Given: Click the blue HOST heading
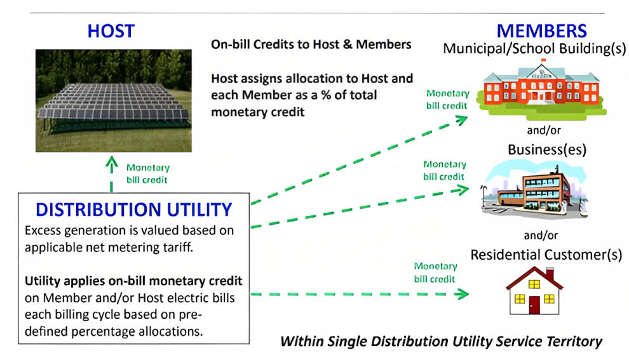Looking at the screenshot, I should (x=111, y=31).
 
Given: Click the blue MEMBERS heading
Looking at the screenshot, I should (x=541, y=30).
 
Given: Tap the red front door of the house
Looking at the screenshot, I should (x=534, y=304).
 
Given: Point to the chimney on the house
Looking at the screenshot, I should (x=550, y=274).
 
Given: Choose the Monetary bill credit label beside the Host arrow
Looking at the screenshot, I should (x=148, y=174).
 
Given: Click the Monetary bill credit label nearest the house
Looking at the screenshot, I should (x=435, y=272).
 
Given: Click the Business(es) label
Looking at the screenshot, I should (x=546, y=150).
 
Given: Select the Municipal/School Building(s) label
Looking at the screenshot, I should (x=534, y=49).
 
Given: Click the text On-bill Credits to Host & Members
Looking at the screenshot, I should (x=311, y=45).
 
